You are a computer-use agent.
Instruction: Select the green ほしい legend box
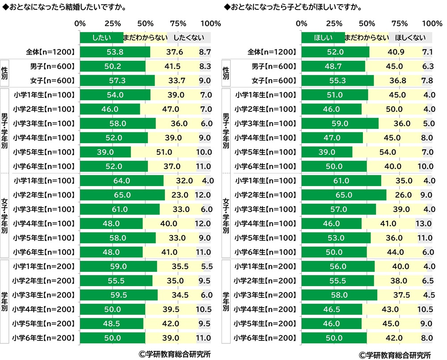tap(323, 38)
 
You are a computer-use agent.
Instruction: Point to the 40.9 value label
tap(396, 52)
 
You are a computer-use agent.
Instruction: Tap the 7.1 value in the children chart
tap(428, 52)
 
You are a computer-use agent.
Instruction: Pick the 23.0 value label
tap(179, 195)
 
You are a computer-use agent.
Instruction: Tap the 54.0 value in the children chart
tap(387, 152)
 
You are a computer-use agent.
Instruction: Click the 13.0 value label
tap(423, 224)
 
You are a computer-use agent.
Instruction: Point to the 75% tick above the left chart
tap(178, 23)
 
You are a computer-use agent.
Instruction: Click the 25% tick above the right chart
tap(334, 23)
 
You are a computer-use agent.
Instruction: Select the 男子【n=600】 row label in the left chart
tap(53, 66)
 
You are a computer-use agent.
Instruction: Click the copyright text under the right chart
tap(395, 354)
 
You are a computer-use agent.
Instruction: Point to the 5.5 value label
tap(207, 267)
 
